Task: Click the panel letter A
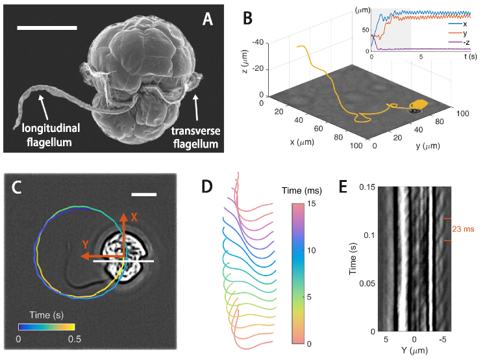click(x=207, y=19)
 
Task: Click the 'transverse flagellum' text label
click(x=195, y=136)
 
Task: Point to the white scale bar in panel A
click(x=47, y=28)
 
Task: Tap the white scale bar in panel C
click(x=145, y=194)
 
